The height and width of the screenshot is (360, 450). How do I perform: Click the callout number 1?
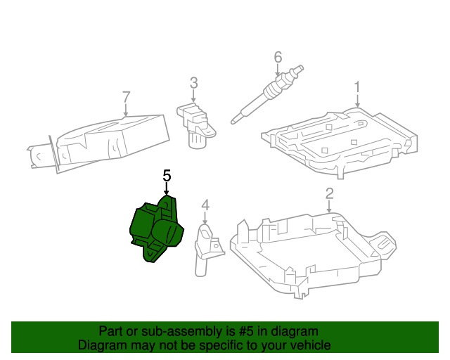pos(356,87)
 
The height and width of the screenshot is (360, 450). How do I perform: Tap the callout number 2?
pos(329,195)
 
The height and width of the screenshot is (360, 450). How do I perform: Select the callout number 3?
pos(193,86)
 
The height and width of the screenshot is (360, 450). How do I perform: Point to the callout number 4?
pos(205,205)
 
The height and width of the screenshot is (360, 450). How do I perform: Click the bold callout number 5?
pos(167,176)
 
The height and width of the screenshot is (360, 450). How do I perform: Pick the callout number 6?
pos(278,56)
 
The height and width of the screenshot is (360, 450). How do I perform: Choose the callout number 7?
pos(127,96)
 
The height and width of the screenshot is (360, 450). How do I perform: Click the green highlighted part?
pos(156,229)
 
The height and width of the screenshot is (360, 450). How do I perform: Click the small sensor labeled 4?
pos(205,246)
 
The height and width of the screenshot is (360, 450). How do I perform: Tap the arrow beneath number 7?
pos(127,109)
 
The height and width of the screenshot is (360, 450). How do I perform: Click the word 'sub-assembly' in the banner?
pos(172,331)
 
